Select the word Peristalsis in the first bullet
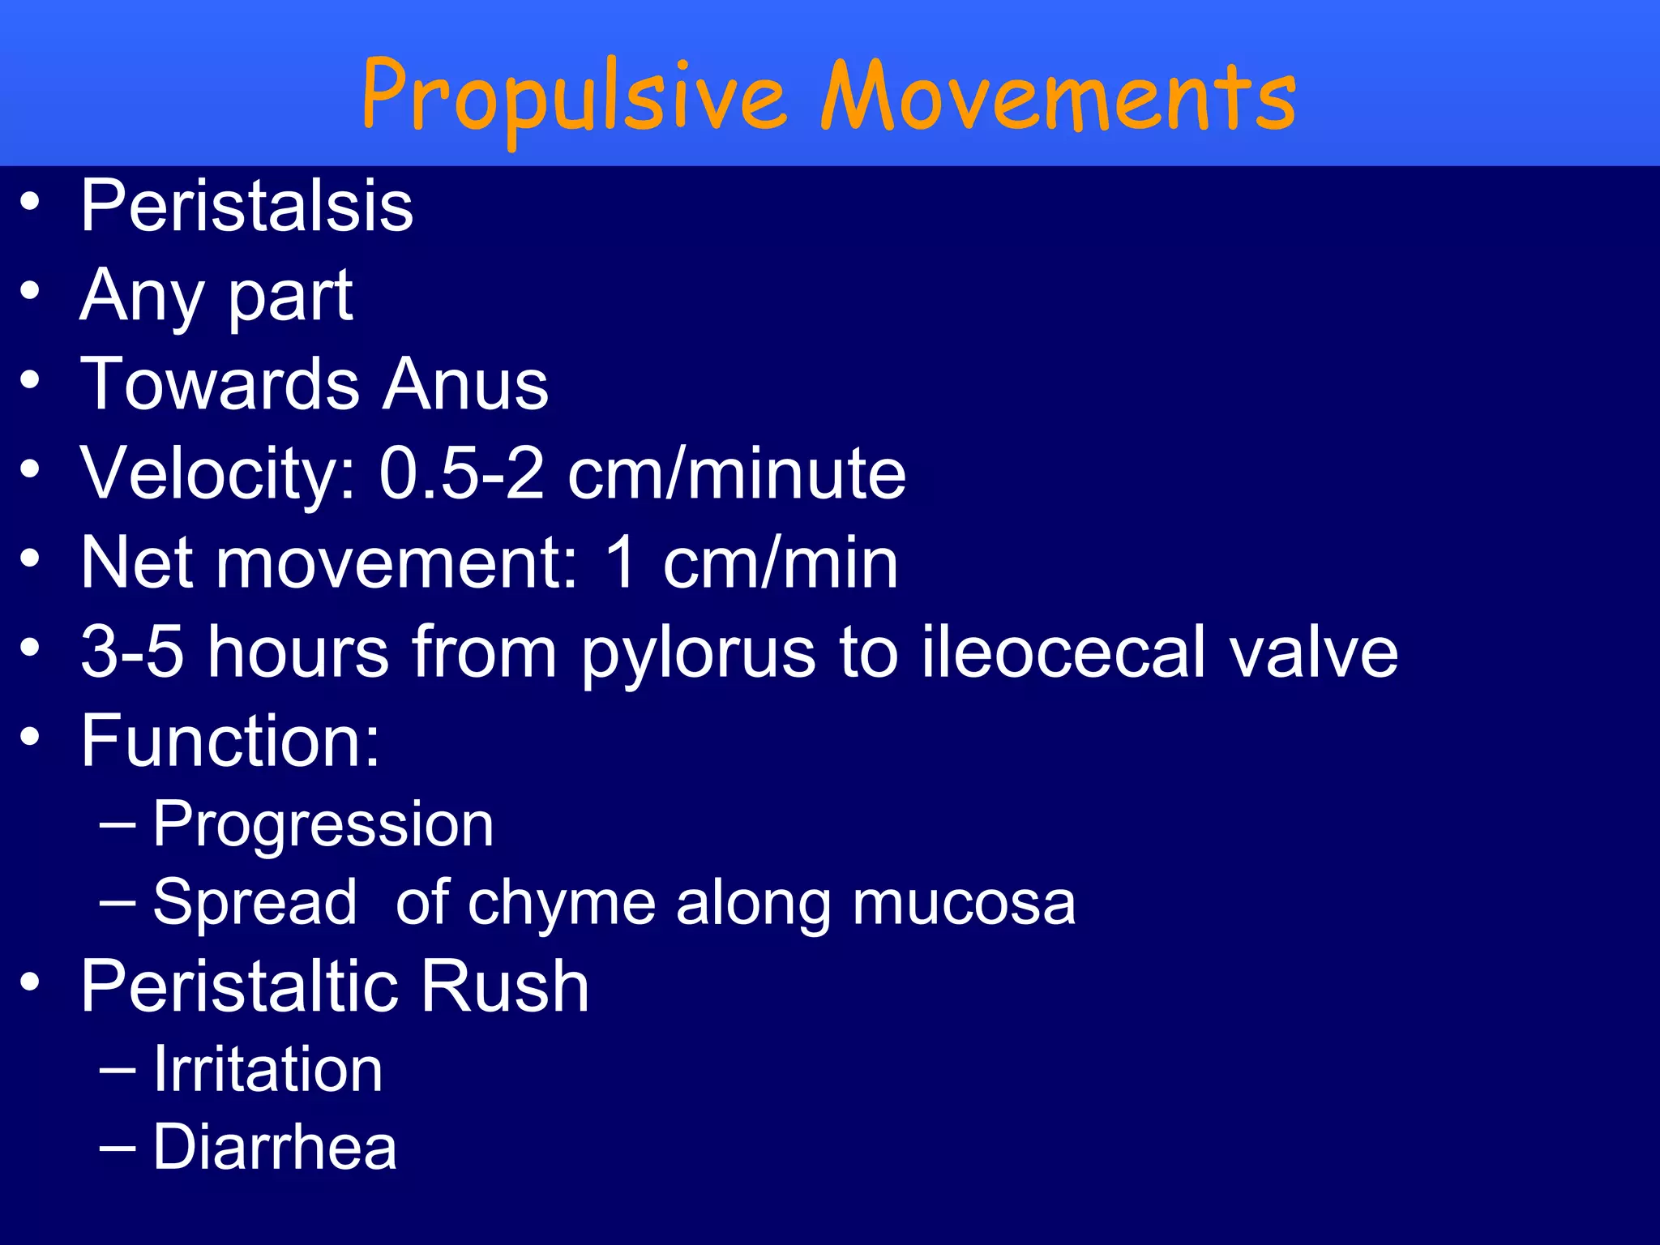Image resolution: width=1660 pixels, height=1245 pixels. (246, 207)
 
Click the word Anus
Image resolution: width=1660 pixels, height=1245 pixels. (465, 384)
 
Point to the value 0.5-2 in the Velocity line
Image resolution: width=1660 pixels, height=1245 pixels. (461, 473)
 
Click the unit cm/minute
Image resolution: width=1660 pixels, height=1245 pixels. (736, 473)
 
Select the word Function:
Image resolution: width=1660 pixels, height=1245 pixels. (230, 741)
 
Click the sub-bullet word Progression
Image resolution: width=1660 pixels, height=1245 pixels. (323, 825)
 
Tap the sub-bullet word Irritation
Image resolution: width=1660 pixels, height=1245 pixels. (267, 1070)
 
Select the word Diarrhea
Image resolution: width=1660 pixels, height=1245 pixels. (275, 1148)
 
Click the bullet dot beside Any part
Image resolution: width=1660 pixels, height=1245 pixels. (30, 290)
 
